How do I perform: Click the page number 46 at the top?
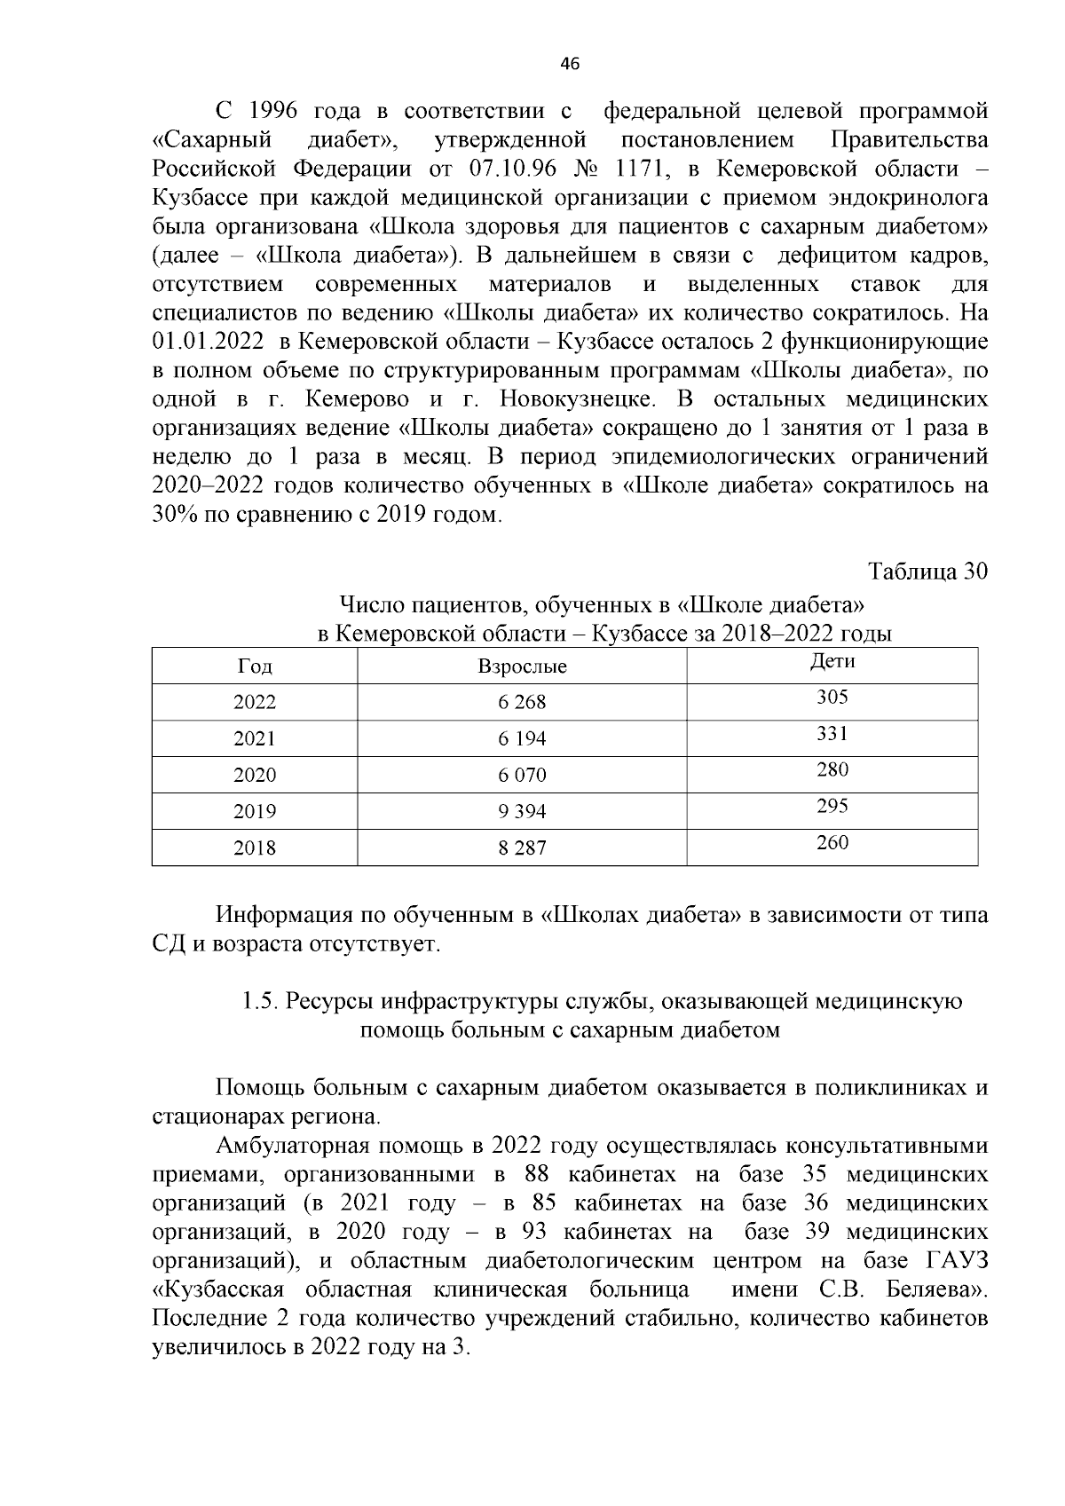(x=571, y=64)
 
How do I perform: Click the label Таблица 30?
(x=927, y=572)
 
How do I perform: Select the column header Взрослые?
(x=522, y=666)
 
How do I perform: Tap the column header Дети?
(x=832, y=661)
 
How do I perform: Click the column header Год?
(x=255, y=666)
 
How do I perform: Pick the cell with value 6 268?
(x=522, y=703)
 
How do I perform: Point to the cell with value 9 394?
(x=522, y=812)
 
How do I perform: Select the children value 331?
(x=832, y=734)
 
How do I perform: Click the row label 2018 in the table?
(x=255, y=848)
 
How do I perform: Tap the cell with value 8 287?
(x=522, y=848)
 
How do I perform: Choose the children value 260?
(x=832, y=843)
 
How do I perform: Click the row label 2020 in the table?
(x=255, y=776)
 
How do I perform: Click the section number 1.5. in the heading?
(x=261, y=1002)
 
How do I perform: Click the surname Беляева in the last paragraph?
(x=934, y=1289)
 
